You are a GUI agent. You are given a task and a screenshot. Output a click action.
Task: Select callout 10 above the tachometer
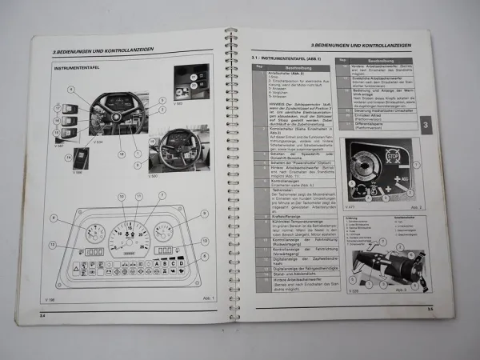pyautogui.click(x=122, y=196)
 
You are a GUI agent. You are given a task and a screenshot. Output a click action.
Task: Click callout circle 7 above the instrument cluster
pyautogui.click(x=162, y=195)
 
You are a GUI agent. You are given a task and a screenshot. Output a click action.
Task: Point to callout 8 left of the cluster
pyautogui.click(x=54, y=218)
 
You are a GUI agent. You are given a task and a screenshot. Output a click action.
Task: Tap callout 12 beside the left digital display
pyautogui.click(x=53, y=245)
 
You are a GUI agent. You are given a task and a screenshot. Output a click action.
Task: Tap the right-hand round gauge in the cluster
pyautogui.click(x=163, y=232)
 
